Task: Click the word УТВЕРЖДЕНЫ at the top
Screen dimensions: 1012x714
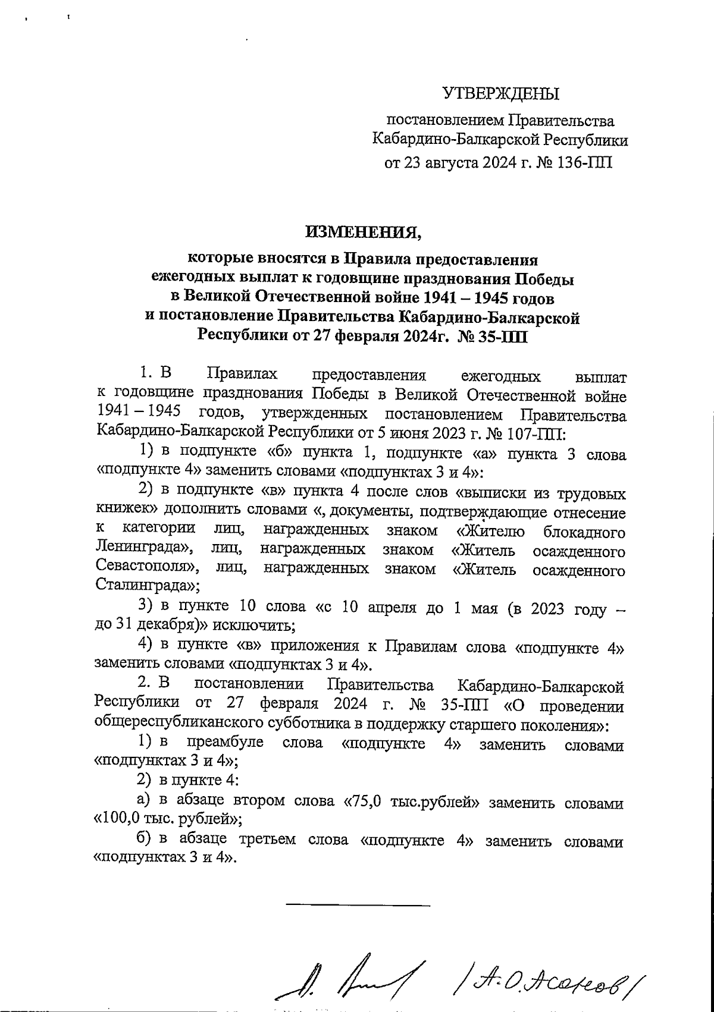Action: (501, 94)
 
